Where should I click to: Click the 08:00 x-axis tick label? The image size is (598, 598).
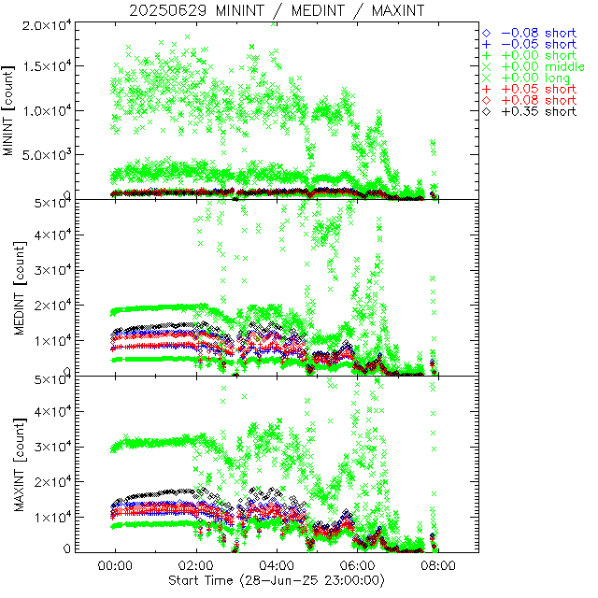click(x=438, y=565)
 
